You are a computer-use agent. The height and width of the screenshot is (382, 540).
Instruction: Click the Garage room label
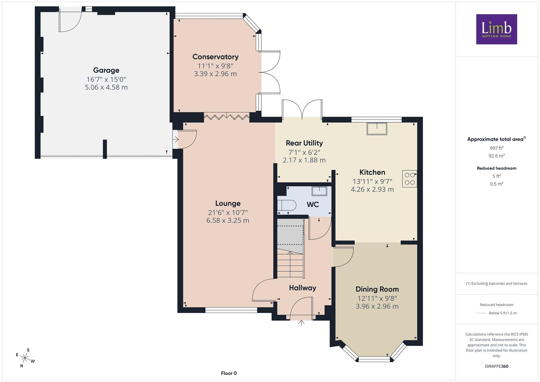click(106, 70)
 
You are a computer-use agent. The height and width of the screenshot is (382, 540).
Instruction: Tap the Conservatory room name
click(215, 57)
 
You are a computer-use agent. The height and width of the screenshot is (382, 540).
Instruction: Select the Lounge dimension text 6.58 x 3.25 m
click(228, 220)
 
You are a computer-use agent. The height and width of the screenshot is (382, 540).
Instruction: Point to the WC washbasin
click(319, 191)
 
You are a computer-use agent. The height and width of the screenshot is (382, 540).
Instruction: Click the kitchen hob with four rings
click(410, 179)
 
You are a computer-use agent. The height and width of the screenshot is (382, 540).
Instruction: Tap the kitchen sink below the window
click(377, 129)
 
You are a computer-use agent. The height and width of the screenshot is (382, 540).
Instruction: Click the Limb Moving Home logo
click(497, 29)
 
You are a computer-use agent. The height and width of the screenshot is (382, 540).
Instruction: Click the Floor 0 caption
click(229, 373)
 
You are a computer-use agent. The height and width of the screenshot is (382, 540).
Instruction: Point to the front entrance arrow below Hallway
click(301, 323)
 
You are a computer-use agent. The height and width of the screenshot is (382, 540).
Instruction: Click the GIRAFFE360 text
click(497, 366)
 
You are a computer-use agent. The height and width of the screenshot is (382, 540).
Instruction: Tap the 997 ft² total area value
click(497, 148)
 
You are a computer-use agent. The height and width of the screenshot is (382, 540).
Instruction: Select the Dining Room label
click(377, 289)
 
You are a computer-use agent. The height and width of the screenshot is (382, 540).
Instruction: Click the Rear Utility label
click(304, 143)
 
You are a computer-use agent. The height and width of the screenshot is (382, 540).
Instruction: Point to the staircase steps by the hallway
click(290, 264)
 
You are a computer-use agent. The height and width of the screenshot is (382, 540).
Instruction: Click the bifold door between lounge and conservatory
click(227, 117)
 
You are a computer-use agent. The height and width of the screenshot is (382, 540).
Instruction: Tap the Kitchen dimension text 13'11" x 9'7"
click(372, 181)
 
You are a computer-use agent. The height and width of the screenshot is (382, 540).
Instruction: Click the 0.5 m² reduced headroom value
click(497, 184)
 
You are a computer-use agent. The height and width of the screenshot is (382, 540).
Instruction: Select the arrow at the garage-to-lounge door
click(176, 139)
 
